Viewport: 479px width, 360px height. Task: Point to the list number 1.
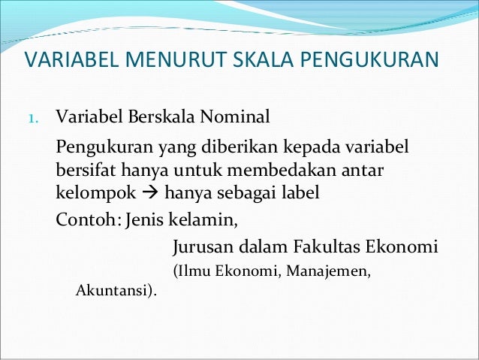(32, 119)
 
